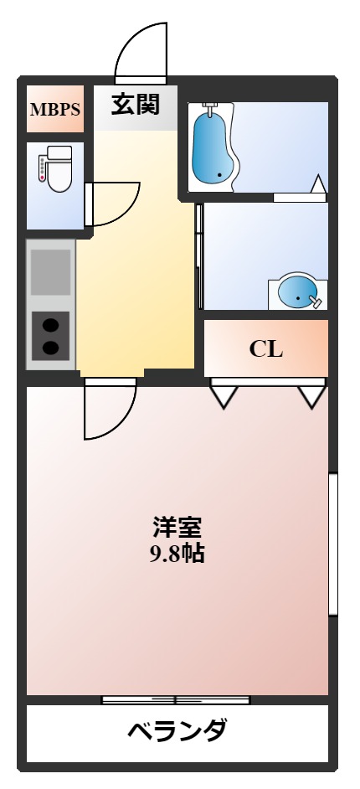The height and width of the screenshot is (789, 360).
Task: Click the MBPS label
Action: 54,109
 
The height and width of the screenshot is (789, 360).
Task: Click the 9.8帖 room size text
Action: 177,554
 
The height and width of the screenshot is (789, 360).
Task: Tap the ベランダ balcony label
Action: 177,731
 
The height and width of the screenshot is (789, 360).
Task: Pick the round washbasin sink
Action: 297,292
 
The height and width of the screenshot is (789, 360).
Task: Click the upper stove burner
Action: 51,325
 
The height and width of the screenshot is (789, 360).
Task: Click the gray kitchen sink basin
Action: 51,271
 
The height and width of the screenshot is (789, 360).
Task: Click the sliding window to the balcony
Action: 176,699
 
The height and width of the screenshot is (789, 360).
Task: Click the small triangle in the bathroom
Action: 318,183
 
